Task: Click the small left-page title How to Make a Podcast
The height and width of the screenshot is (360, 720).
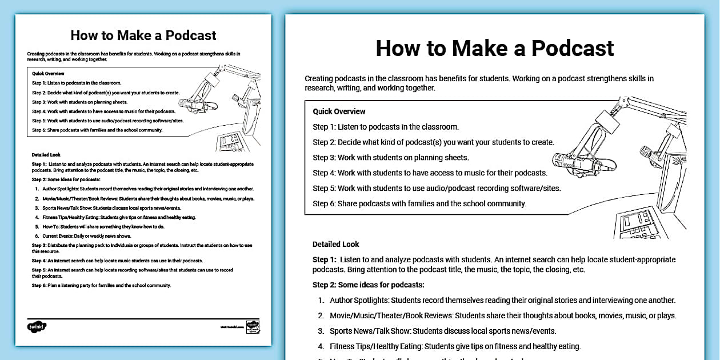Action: pyautogui.click(x=143, y=35)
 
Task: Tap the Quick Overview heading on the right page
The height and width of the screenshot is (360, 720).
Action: pyautogui.click(x=339, y=111)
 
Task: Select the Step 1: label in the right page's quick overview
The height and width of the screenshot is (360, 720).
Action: pyautogui.click(x=324, y=127)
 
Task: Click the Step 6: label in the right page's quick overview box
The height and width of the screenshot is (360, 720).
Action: pyautogui.click(x=324, y=203)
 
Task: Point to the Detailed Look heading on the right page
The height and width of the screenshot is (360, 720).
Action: pyautogui.click(x=335, y=244)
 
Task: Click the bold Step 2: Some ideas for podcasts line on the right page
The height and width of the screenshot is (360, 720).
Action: pyautogui.click(x=368, y=285)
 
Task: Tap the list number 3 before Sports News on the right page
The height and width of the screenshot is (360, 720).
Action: pyautogui.click(x=321, y=331)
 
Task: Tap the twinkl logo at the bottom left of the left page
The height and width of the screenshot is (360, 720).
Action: pyautogui.click(x=37, y=327)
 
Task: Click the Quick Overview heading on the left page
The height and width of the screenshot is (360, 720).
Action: pyautogui.click(x=48, y=73)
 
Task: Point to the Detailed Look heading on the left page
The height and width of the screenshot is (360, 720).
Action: pyautogui.click(x=46, y=155)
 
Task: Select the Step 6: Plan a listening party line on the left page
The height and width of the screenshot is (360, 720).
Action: pyautogui.click(x=101, y=285)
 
